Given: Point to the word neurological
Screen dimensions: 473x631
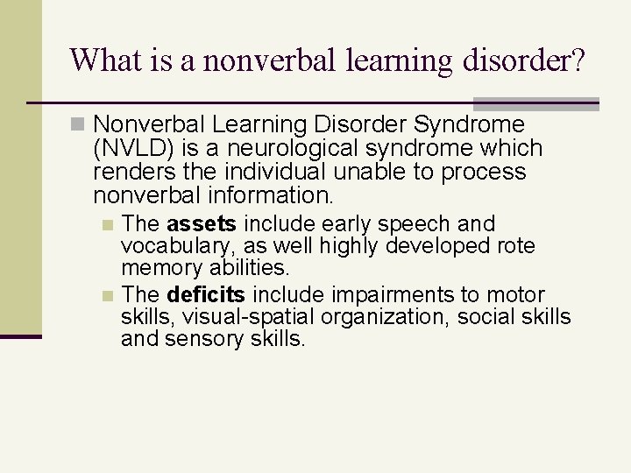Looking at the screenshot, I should pos(274,149).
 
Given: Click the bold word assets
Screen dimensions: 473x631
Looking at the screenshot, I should pos(202,224).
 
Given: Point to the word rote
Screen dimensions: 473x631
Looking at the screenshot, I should pos(517,246).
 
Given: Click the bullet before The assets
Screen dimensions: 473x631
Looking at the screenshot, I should pos(107,225).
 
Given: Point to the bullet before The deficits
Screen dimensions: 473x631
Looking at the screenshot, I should pos(107,295).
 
